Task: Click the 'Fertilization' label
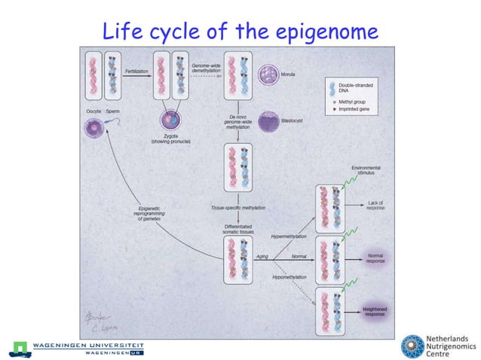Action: tap(136, 70)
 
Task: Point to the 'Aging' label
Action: tap(262, 256)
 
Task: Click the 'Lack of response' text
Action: tap(377, 204)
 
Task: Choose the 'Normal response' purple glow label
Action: tap(375, 257)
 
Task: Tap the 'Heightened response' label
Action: tap(375, 310)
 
